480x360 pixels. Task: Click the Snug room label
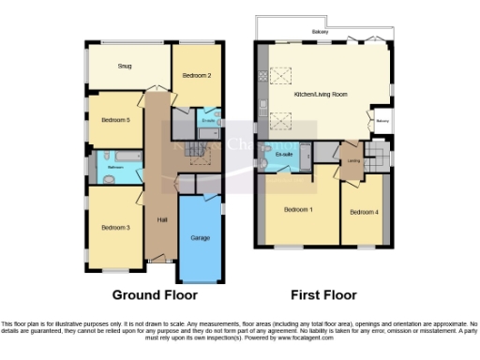click(125, 67)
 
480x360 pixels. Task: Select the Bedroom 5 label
click(115, 119)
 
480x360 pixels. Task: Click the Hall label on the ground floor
click(162, 219)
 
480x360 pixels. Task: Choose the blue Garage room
click(201, 238)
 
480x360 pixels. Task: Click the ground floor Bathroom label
click(115, 166)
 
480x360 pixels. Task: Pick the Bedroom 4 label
click(365, 212)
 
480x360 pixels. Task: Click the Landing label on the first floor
click(353, 160)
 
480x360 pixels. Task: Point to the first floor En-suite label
click(284, 153)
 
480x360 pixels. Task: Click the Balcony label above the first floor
click(321, 32)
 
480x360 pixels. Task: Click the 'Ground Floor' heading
click(154, 294)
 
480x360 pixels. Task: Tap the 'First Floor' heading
click(323, 294)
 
